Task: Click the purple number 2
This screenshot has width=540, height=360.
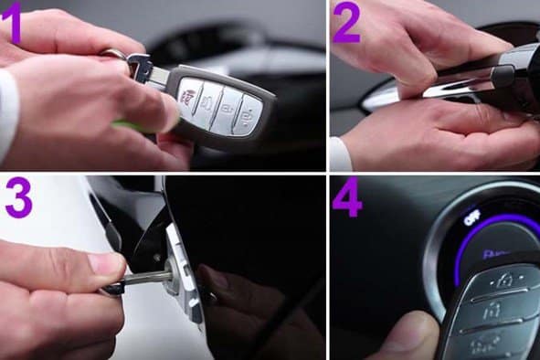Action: [x=345, y=24]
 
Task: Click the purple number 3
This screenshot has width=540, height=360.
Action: [x=19, y=199]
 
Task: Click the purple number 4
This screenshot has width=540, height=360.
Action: [x=347, y=199]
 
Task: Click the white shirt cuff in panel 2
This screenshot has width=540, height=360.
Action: [x=339, y=154]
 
